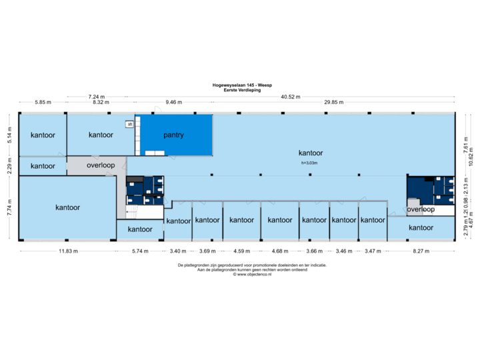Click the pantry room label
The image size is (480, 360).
pos(173,135)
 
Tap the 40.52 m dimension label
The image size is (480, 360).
pos(291,97)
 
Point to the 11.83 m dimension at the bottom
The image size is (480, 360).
pos(67,251)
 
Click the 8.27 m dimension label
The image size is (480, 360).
pos(421,251)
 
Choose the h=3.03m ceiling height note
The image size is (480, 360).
pos(311,163)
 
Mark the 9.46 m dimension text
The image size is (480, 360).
pos(173,103)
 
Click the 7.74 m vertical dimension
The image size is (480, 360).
pos(9,207)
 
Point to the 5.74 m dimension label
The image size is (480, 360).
pos(140,251)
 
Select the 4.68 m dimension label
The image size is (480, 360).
pos(280,251)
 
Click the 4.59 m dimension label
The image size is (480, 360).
pos(241,251)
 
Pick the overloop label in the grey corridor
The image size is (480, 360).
pos(101,165)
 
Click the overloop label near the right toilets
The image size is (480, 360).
pos(421,209)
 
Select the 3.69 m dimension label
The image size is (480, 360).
pos(207,251)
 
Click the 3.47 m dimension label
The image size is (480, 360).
pos(373,251)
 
